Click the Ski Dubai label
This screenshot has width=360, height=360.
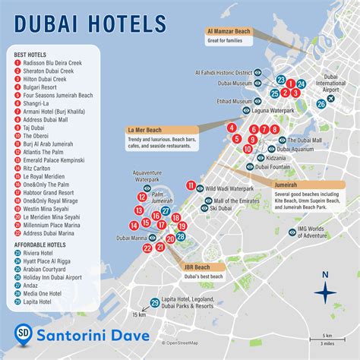point(220,207)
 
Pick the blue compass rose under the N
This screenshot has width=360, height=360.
point(325,292)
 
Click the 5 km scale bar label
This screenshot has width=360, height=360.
point(327,335)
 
